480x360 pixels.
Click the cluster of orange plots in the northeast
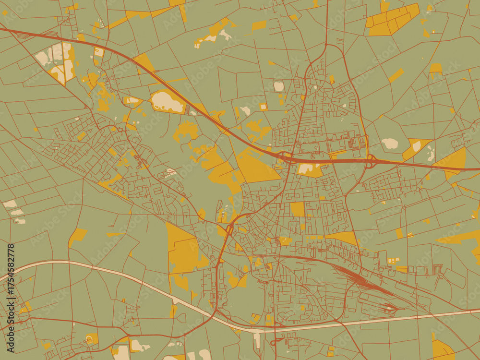point(393,19)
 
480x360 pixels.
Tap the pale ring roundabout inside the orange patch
point(90,339)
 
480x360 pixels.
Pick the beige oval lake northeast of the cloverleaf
point(389,143)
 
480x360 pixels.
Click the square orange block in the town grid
point(298,209)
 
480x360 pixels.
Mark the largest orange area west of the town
point(182,250)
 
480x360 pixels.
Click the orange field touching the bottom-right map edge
point(442,349)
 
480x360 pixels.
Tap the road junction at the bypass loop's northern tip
point(326,45)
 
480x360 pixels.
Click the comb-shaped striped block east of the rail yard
point(437,269)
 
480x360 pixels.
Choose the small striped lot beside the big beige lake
point(187,109)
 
